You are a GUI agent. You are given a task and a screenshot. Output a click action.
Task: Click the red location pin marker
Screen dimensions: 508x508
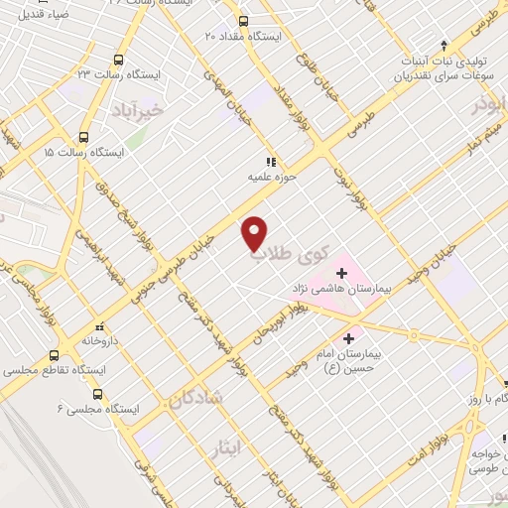click(x=255, y=232)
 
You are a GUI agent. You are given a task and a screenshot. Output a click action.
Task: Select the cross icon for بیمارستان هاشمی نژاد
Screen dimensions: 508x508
click(x=341, y=272)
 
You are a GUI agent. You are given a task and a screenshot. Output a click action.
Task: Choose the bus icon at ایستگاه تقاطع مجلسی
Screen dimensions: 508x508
click(x=54, y=355)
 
